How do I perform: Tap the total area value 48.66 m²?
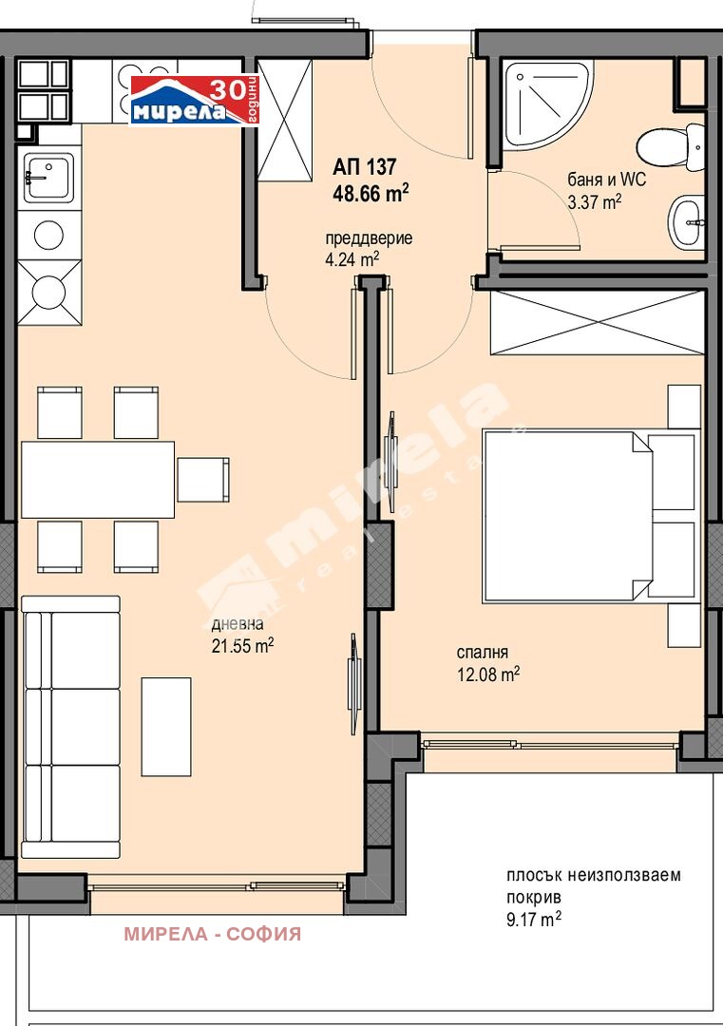click(x=371, y=192)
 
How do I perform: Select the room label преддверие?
click(x=369, y=238)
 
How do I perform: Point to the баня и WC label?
click(x=606, y=180)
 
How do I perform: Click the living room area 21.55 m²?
click(x=242, y=646)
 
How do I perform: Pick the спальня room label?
click(x=483, y=653)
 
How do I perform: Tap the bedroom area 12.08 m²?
click(x=487, y=674)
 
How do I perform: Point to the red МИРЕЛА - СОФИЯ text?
click(x=212, y=934)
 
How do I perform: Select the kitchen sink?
click(x=48, y=178)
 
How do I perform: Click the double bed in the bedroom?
click(x=589, y=516)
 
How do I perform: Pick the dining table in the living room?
click(x=97, y=479)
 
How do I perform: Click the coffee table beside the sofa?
click(x=166, y=727)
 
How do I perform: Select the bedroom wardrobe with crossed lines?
click(x=597, y=323)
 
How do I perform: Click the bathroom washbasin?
click(x=686, y=221)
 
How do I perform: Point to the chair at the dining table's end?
click(x=203, y=479)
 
